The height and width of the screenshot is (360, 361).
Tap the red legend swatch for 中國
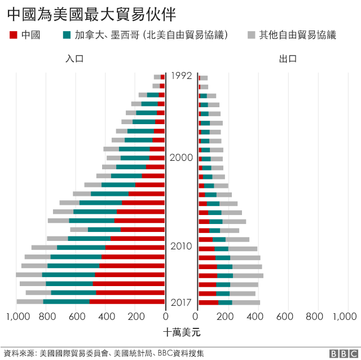click(14, 36)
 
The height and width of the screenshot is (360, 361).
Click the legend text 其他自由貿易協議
click(297, 36)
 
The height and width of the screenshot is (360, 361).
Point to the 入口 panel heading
click(74, 59)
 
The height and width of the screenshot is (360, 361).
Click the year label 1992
click(182, 76)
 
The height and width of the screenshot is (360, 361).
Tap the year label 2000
click(182, 158)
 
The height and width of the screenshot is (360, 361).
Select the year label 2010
click(182, 247)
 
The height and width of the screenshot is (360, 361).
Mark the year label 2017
click(182, 302)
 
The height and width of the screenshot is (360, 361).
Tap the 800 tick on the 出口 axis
click(318, 317)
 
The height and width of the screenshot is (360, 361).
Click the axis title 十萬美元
click(182, 331)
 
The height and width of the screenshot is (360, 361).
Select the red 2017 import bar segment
click(127, 302)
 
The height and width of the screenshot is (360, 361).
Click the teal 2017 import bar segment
click(66, 302)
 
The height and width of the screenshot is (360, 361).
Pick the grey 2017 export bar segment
click(246, 302)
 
